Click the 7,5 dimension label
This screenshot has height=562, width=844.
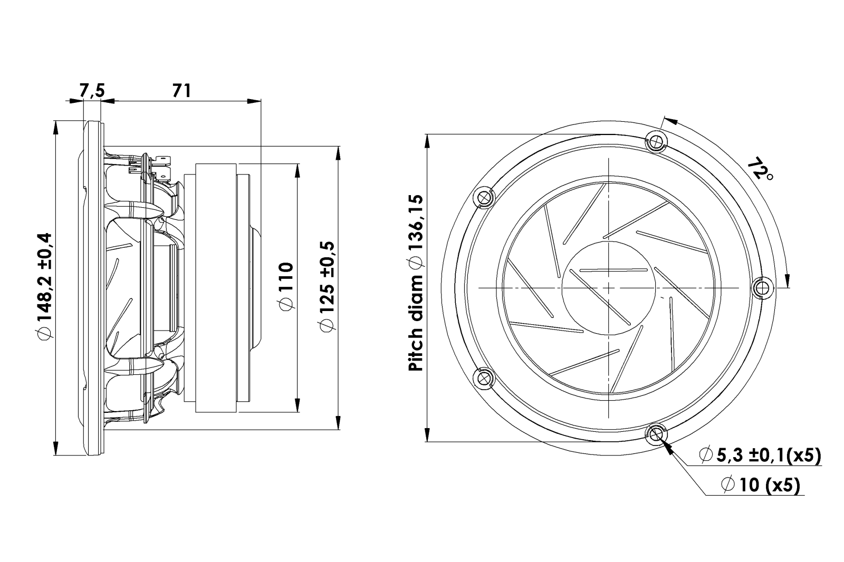pyautogui.click(x=92, y=90)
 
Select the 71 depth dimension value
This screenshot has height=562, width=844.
pyautogui.click(x=181, y=90)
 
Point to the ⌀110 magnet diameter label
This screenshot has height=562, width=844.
pyautogui.click(x=286, y=287)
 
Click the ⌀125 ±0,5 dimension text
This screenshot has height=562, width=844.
pyautogui.click(x=327, y=287)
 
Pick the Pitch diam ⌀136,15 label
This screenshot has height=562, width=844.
pyautogui.click(x=416, y=283)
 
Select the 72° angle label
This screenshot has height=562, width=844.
pyautogui.click(x=759, y=171)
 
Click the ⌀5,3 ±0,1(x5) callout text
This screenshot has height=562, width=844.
pyautogui.click(x=760, y=456)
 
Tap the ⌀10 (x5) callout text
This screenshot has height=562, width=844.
pyautogui.click(x=761, y=485)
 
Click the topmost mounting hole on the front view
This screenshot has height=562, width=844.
pyautogui.click(x=656, y=141)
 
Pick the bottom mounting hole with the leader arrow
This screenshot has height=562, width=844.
pyautogui.click(x=656, y=435)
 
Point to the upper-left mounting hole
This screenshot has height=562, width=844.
pyautogui.click(x=483, y=197)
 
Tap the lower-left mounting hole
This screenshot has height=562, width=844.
pyautogui.click(x=483, y=379)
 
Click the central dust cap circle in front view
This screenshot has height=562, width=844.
pyautogui.click(x=609, y=288)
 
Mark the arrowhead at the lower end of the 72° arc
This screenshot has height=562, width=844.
pyautogui.click(x=787, y=280)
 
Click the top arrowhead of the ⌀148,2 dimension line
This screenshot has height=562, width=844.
pyautogui.click(x=56, y=128)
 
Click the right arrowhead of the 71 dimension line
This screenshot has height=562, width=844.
pyautogui.click(x=254, y=101)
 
